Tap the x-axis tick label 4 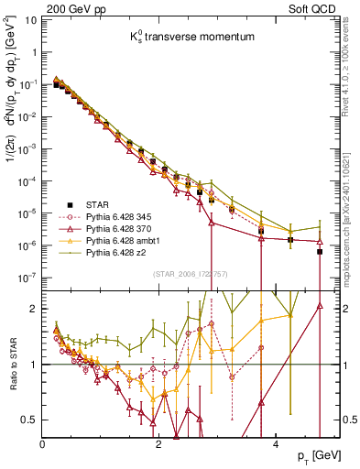tap(276, 444)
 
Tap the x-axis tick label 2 tap(159, 444)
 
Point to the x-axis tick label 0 tap(43, 444)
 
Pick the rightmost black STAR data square tap(320, 251)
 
